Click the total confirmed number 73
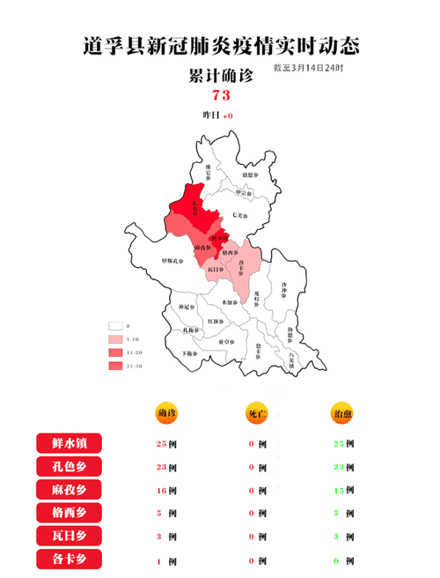coord(221,95)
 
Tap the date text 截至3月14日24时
coord(308,68)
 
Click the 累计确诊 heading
coord(221,76)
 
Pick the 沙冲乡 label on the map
coord(282,286)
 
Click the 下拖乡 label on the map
coord(189,352)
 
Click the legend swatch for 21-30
coord(114,365)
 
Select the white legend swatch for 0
coord(114,325)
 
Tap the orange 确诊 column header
coord(166,413)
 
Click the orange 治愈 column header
coord(341,413)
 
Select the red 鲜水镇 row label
coord(70,443)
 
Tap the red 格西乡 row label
coord(70,512)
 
